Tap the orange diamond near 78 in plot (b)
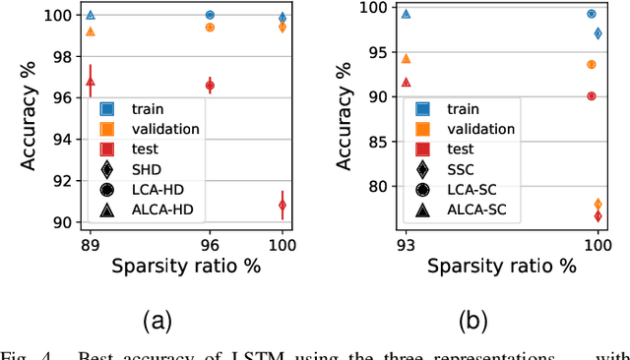click(x=598, y=204)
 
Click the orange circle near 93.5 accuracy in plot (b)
click(x=592, y=64)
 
